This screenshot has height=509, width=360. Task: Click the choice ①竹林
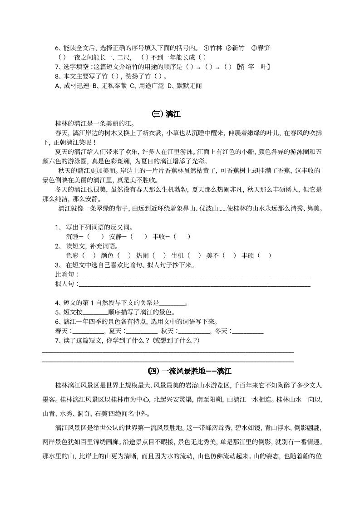pos(213,48)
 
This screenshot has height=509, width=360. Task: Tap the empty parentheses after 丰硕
pos(264,255)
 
